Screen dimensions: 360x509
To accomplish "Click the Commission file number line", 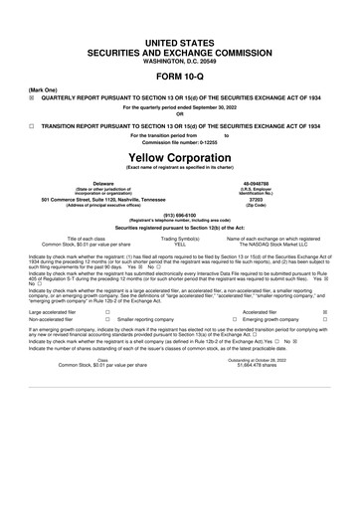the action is pyautogui.click(x=180, y=142).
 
